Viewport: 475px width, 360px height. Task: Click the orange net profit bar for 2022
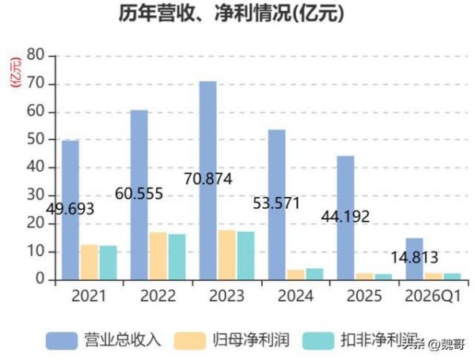[158, 256]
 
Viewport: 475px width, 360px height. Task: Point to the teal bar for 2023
[245, 255]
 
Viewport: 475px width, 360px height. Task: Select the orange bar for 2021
[89, 262]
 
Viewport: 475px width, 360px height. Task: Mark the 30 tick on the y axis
[34, 195]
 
